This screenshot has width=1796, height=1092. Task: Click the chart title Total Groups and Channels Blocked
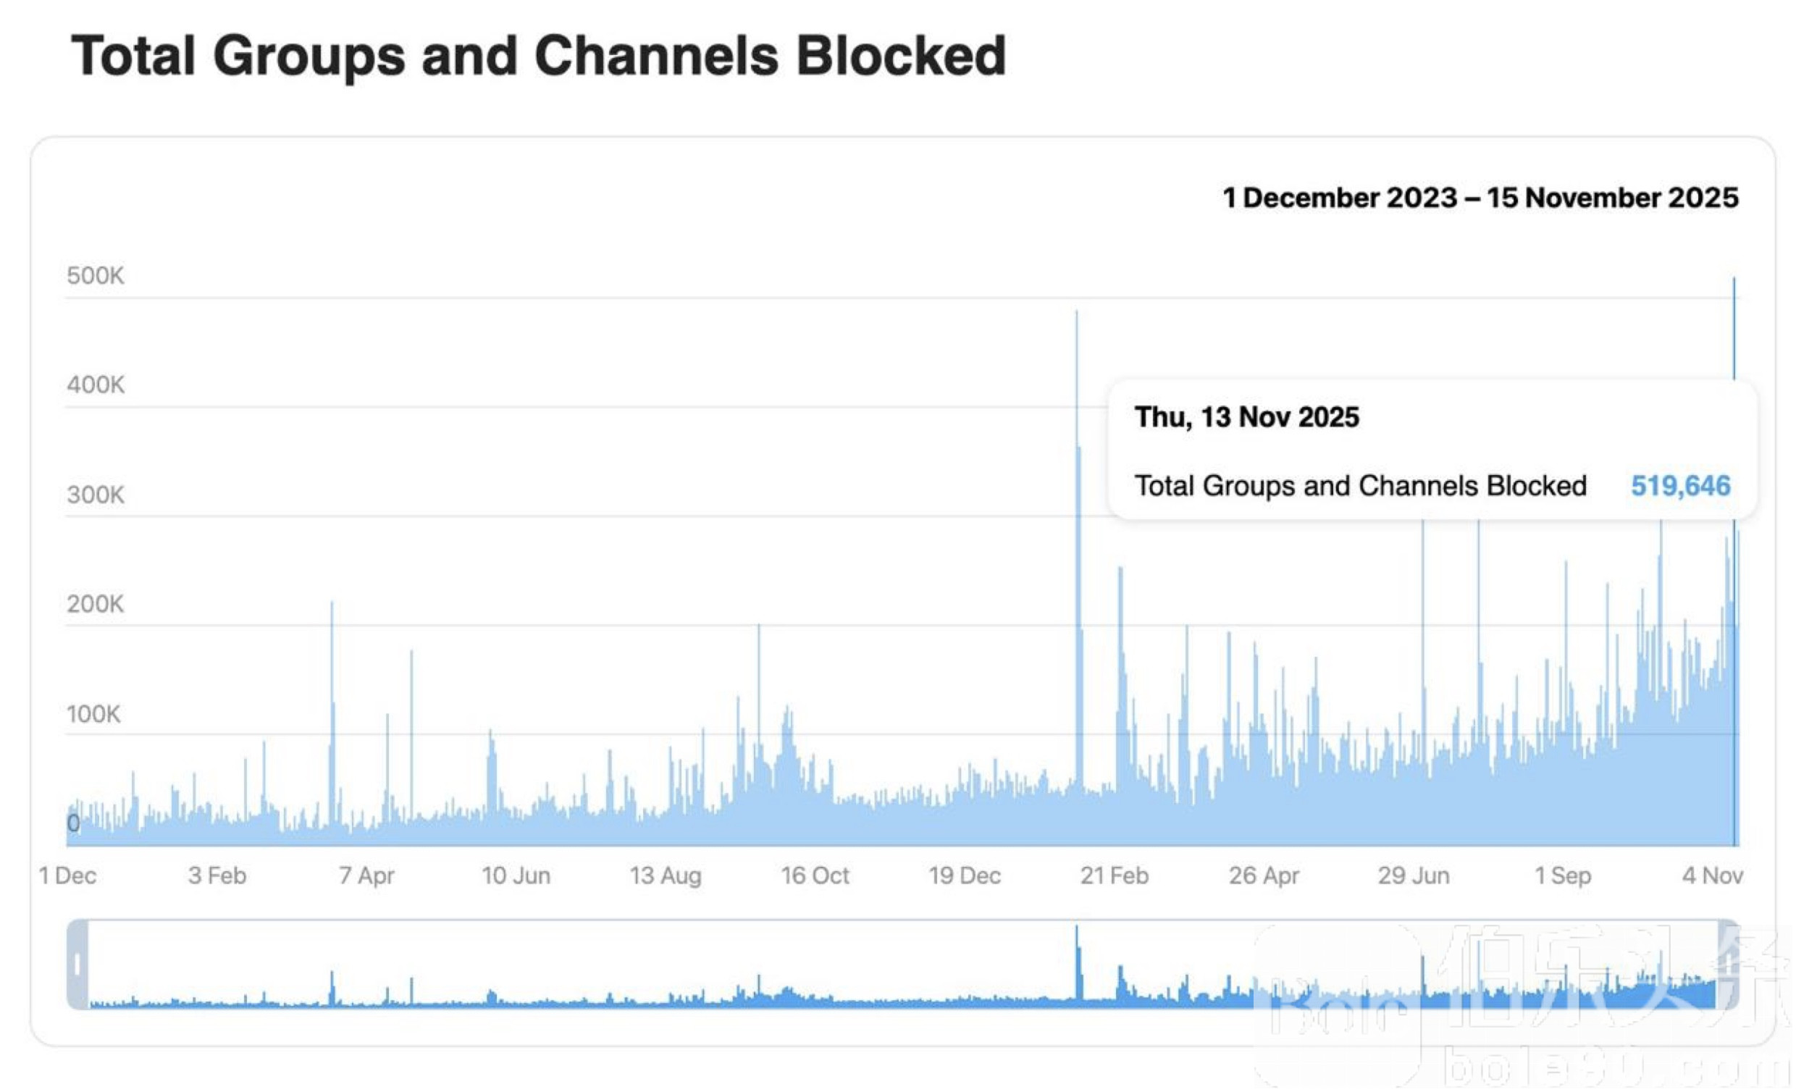click(538, 56)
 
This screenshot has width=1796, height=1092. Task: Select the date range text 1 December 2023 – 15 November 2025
click(1480, 198)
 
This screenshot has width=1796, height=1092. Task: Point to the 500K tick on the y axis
click(96, 276)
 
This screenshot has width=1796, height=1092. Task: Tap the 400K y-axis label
click(96, 385)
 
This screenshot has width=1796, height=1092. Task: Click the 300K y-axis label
click(96, 495)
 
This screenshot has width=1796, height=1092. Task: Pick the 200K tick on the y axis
click(96, 604)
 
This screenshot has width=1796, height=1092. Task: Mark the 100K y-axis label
click(93, 714)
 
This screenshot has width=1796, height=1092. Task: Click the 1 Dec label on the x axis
click(67, 875)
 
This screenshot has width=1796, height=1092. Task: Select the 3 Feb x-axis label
click(217, 875)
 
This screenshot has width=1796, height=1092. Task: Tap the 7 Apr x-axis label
click(366, 875)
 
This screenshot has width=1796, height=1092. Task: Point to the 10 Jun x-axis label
click(516, 875)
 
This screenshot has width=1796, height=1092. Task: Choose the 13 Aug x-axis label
click(666, 875)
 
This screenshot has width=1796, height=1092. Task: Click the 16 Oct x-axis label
click(815, 875)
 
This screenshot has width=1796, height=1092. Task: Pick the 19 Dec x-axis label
click(965, 875)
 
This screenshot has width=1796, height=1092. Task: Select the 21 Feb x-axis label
click(1114, 875)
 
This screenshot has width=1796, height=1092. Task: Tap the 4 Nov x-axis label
click(1712, 875)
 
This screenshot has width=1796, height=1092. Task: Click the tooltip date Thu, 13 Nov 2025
click(1246, 417)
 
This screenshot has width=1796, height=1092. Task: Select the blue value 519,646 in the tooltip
click(1680, 485)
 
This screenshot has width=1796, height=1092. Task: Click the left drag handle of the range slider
click(77, 965)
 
